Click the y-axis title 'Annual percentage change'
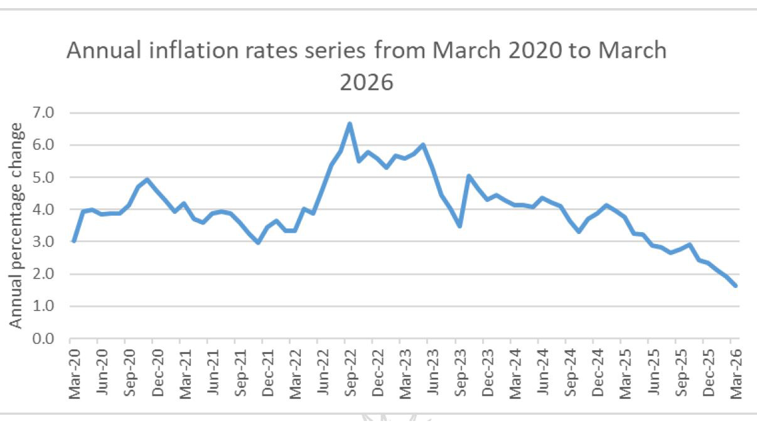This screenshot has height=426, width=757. point(16,225)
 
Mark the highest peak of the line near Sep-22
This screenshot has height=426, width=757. point(350,124)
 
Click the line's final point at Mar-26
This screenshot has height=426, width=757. point(735,285)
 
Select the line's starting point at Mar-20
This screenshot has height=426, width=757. point(73,241)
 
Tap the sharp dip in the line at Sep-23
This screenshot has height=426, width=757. point(460,226)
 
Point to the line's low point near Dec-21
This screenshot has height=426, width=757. point(258,242)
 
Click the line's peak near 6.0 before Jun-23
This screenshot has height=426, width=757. point(423,145)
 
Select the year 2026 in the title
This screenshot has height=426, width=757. point(367,82)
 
